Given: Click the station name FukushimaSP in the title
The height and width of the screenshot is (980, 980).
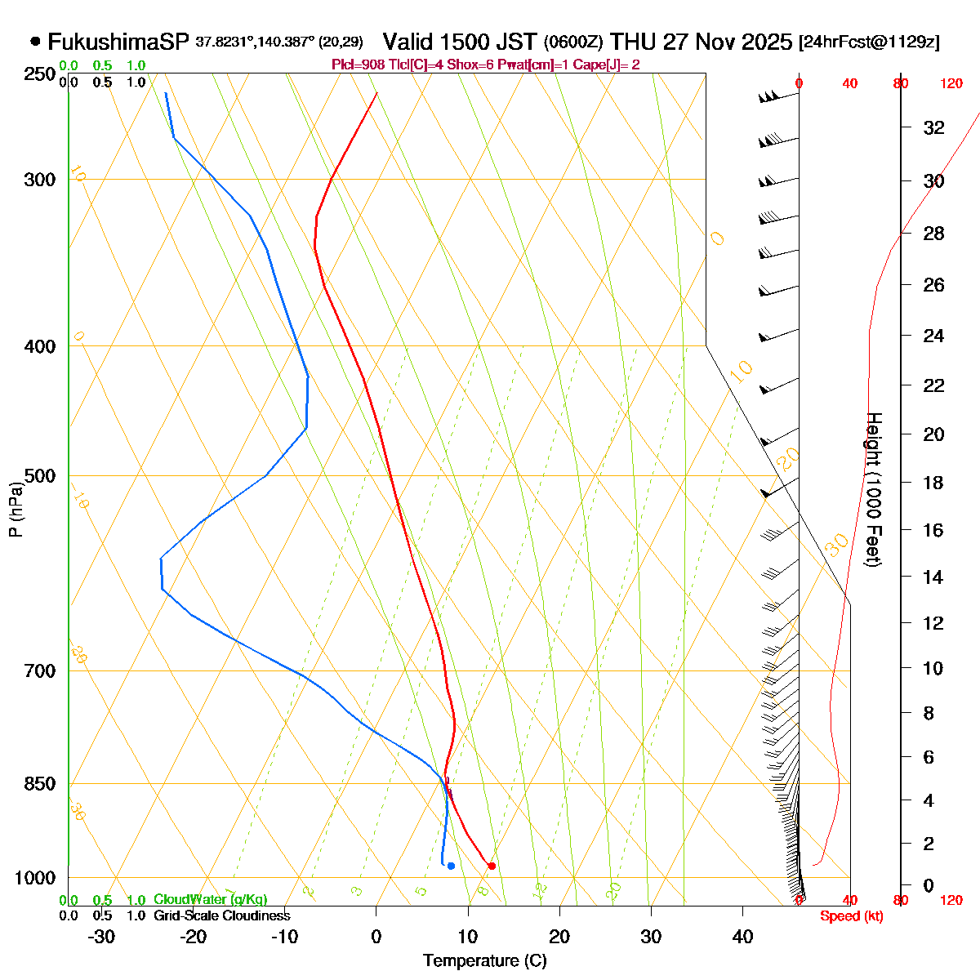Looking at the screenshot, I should (118, 42).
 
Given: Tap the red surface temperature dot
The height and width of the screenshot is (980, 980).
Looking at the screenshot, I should (491, 866).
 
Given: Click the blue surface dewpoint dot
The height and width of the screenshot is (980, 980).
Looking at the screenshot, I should (451, 866).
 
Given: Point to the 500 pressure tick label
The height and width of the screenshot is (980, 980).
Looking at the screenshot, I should (40, 475).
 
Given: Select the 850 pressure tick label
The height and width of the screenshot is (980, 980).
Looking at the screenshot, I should (40, 783).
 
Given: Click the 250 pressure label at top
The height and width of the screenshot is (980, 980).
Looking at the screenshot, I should (40, 74).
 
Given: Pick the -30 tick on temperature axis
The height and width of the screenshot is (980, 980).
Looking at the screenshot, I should (100, 937).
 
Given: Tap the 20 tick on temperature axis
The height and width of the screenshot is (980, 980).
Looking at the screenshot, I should (559, 937).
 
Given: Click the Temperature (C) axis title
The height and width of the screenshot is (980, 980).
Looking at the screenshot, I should (484, 961).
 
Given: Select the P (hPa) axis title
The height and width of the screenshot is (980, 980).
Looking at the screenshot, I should (16, 510).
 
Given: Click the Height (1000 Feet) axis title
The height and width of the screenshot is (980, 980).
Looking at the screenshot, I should (873, 490).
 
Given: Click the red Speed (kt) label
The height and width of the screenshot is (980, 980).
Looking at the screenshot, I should (851, 916).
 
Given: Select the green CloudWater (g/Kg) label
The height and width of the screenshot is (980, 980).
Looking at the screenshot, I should (210, 900).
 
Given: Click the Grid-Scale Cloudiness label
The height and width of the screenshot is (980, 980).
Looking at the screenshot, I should (221, 916).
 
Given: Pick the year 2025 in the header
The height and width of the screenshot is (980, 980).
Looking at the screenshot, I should (762, 42).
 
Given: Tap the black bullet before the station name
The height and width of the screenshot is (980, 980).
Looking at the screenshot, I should (35, 41).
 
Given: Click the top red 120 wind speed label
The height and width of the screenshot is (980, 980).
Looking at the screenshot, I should (951, 83).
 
